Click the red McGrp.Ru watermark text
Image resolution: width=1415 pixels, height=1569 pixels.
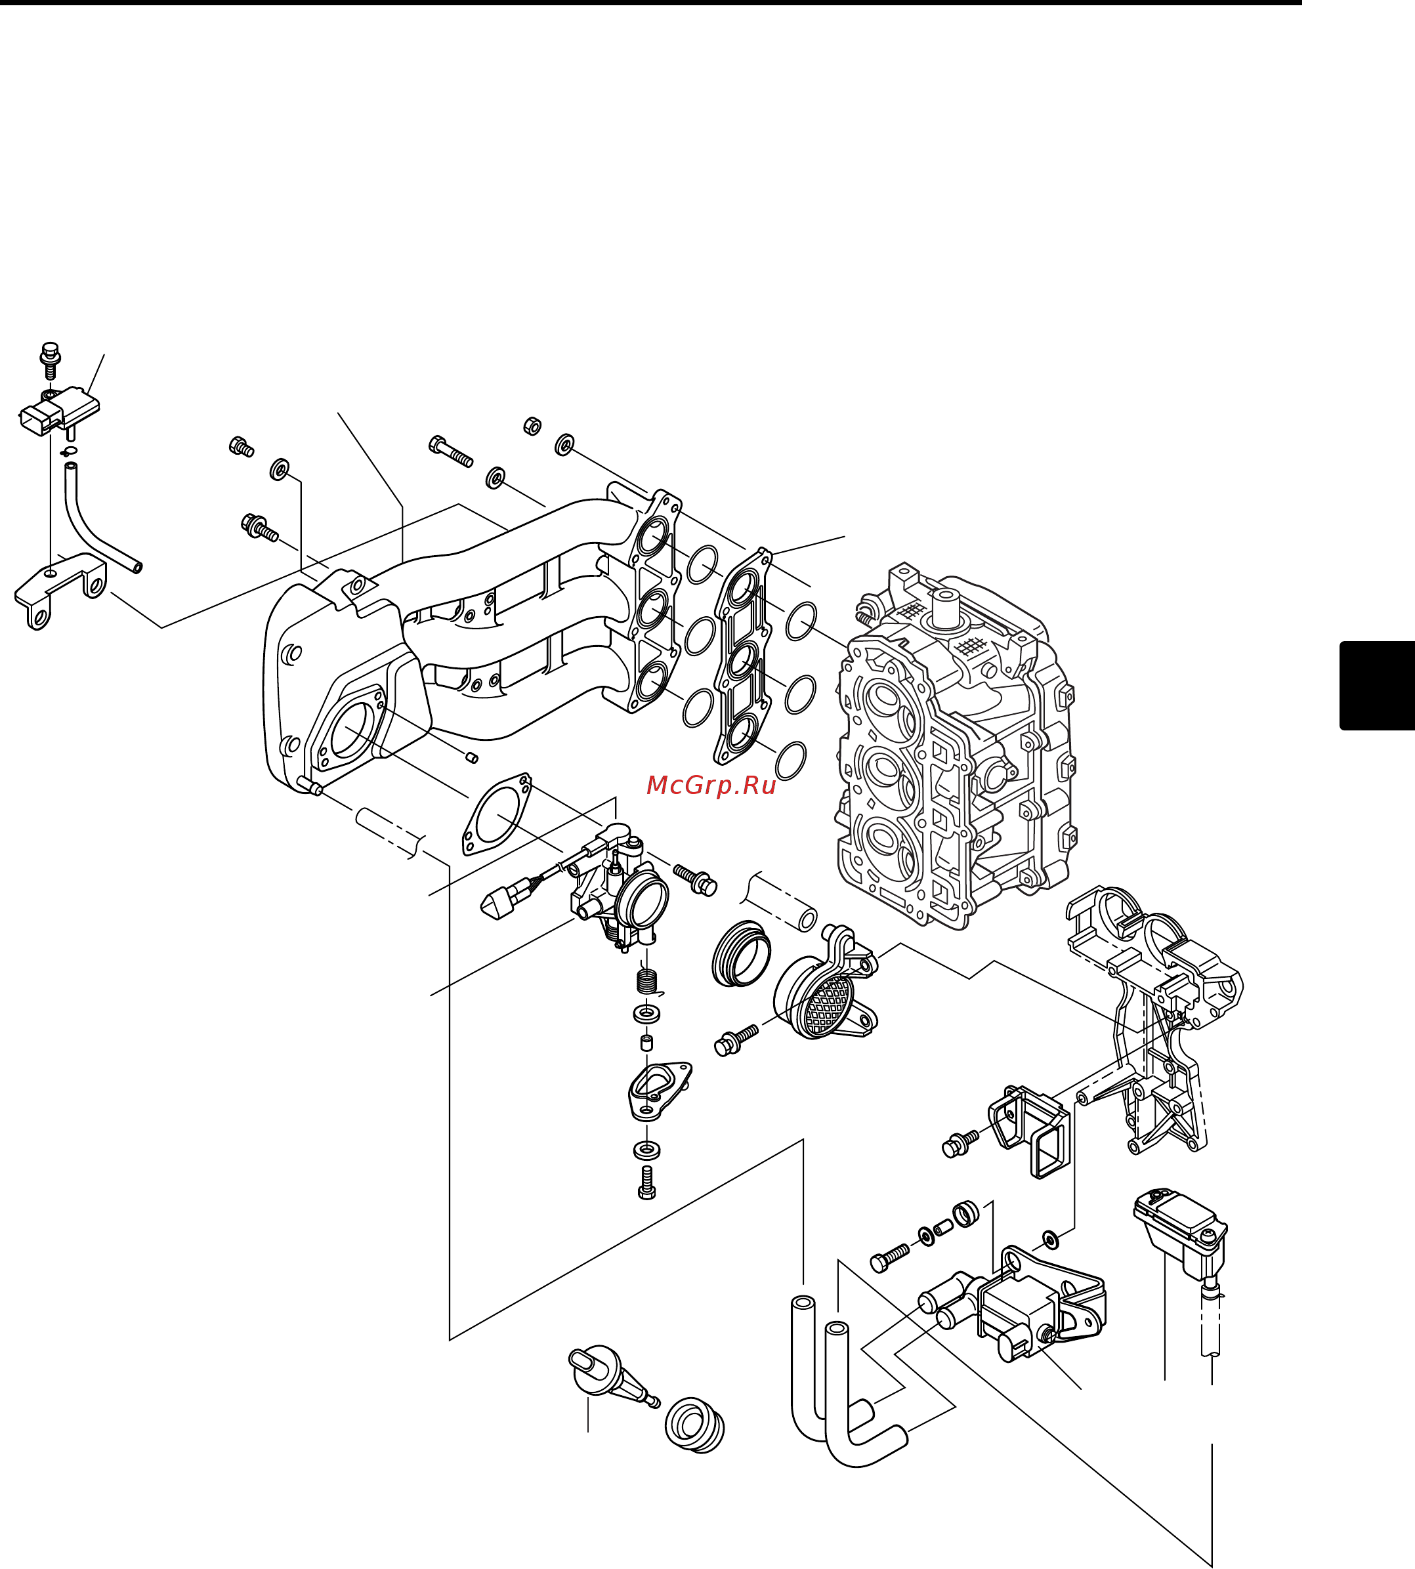point(711,785)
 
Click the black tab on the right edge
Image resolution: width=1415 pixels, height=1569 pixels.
point(1376,685)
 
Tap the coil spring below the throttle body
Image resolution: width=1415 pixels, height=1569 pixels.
point(646,982)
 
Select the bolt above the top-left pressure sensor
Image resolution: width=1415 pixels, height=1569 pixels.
point(51,358)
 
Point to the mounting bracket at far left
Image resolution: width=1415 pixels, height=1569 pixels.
point(58,589)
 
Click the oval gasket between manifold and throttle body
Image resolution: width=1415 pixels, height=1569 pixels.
point(497,814)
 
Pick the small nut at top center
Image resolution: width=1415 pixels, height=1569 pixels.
point(532,425)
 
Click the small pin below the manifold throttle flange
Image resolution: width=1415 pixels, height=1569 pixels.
point(471,757)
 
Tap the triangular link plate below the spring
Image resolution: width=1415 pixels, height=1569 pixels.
point(658,1089)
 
